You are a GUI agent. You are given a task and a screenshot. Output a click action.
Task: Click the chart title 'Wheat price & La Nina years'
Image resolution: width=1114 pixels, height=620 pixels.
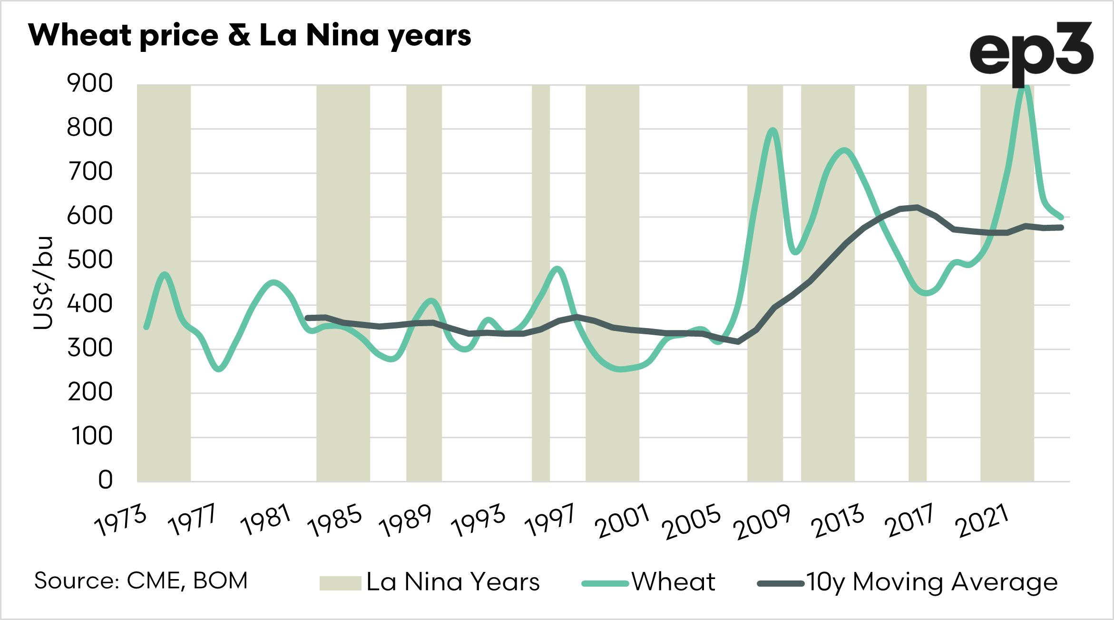pos(249,35)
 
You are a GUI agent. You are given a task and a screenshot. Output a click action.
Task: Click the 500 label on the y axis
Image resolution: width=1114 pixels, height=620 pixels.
pos(90,260)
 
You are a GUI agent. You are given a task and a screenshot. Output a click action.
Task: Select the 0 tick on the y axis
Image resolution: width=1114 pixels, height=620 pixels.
pos(105,480)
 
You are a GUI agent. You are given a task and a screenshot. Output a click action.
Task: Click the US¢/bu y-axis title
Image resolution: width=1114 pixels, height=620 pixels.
pos(43,283)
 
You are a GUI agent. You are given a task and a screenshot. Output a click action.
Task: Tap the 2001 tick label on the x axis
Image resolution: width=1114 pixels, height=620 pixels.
pos(623,521)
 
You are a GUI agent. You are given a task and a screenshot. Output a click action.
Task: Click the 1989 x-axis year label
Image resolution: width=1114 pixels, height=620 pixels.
pos(405,520)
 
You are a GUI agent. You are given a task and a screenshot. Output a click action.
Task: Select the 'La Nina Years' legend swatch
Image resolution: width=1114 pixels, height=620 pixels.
pos(340,583)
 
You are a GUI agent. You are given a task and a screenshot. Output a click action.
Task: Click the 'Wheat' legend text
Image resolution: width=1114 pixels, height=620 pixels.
pos(673,582)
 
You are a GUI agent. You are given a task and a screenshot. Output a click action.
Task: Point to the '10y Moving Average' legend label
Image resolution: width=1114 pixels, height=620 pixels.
pos(931,582)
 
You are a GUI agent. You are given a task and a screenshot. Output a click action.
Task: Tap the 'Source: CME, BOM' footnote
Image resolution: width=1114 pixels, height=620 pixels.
pos(141,581)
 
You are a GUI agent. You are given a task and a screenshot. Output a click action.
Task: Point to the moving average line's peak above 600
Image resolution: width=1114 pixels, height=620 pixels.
pos(917,207)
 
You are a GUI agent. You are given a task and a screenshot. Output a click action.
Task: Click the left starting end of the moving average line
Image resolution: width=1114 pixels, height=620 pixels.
pos(307,318)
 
